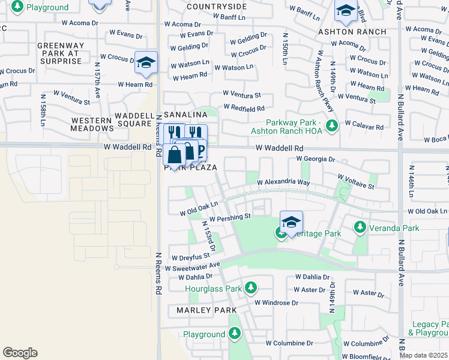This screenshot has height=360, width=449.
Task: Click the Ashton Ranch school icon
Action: pos(345,11)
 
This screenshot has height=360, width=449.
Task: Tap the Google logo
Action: pos(20,353)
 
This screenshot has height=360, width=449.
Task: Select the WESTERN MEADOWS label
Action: pos(91,124)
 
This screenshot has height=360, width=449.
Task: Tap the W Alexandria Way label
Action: pos(283,182)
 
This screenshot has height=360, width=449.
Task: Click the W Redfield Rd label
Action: pos(244,108)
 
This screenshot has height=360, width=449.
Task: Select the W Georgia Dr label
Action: pos(315,160)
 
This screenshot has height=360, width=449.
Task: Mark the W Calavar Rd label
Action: pos(364,127)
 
